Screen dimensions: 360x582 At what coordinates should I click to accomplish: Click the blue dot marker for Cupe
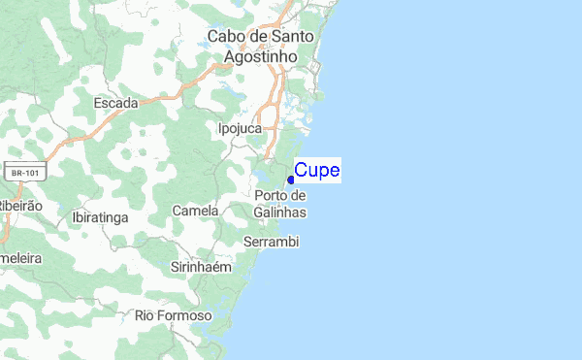point(291,180)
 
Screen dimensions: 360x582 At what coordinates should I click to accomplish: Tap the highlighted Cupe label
point(317,171)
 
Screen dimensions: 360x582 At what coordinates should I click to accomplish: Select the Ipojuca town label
point(242,127)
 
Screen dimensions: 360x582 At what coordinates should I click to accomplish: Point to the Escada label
point(115,102)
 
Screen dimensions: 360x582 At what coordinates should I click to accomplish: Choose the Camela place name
point(195,211)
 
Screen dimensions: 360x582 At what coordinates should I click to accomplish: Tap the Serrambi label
point(272,241)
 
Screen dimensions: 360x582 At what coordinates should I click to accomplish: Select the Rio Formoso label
point(173,316)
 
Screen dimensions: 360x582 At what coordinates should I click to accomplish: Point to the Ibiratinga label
point(100,218)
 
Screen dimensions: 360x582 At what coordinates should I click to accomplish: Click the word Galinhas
point(280,213)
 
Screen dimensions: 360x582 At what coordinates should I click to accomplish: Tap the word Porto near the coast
point(273,196)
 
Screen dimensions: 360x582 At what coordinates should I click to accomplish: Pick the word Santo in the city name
point(293,38)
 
